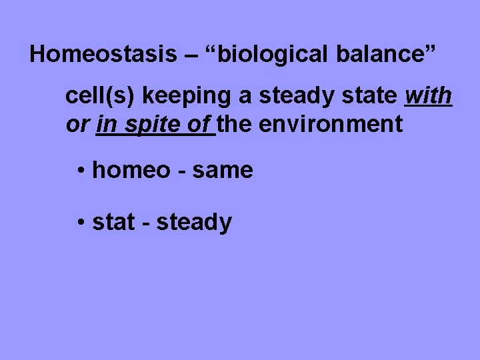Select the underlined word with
(x=428, y=97)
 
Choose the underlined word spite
(x=152, y=124)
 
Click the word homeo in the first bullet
(x=131, y=170)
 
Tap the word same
(x=223, y=170)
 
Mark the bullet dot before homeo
(x=79, y=171)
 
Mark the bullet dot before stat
(x=79, y=223)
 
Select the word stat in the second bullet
(x=113, y=222)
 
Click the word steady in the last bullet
(x=194, y=222)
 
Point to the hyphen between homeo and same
(x=181, y=171)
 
